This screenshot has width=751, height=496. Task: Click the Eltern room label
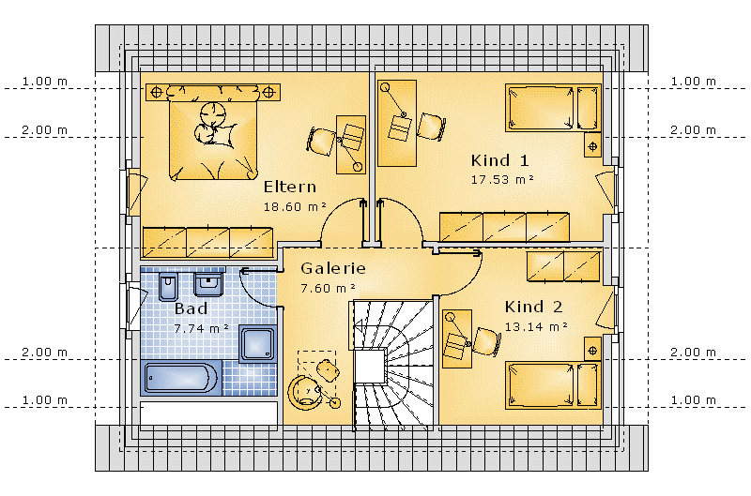290,187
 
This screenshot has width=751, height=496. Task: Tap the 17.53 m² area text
502,180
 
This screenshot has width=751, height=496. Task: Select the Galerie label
333,268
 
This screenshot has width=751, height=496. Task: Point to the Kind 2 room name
533,307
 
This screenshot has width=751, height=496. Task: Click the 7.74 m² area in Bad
201,328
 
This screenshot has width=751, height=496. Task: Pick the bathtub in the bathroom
181,378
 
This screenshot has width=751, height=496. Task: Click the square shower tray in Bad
257,343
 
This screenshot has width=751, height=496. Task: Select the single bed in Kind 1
553,108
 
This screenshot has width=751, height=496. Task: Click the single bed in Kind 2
553,385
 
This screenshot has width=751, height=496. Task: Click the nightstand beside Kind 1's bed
592,146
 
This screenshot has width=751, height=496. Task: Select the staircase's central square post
370,366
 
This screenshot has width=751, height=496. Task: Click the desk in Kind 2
456,338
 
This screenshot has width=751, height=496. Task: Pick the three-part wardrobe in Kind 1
504,227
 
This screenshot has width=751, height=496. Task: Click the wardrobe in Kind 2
562,266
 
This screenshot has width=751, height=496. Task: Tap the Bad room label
191,308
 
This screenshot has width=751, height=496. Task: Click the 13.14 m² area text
536,326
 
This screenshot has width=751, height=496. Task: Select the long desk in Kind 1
396,124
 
